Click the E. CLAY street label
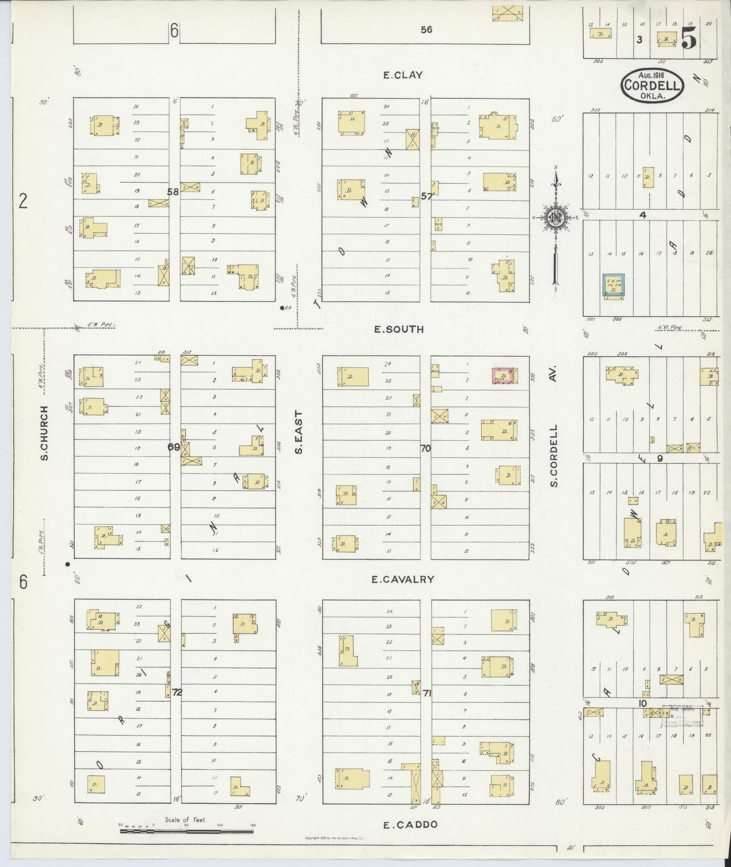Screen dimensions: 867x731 point(403,75)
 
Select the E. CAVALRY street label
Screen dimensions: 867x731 point(402,579)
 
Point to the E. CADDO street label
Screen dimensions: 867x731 point(410,825)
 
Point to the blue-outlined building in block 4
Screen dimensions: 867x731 point(613,286)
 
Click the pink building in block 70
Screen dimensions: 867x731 point(503,375)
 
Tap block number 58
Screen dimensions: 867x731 point(173,192)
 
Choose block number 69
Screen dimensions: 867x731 point(174,447)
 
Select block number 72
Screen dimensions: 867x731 point(177,692)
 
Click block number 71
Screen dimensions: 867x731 point(426,693)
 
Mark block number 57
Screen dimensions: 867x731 point(426,196)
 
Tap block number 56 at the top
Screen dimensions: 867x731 point(426,30)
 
